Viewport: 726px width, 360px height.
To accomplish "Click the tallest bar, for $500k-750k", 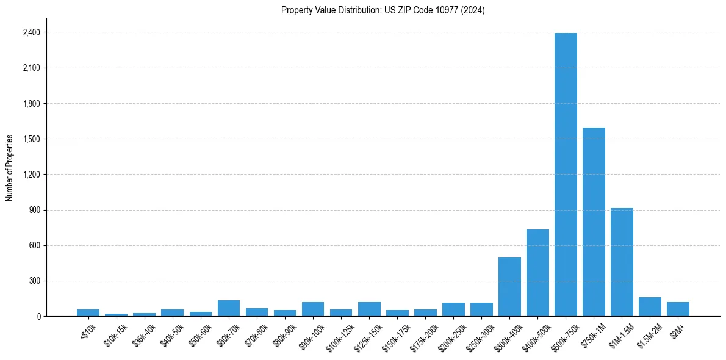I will coord(566,175).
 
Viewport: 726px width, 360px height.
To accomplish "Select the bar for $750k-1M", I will coord(594,222).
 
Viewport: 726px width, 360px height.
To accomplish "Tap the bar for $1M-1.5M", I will coord(622,262).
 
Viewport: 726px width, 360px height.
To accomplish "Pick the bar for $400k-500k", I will coord(537,273).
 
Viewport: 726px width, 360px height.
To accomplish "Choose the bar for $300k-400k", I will coord(509,287).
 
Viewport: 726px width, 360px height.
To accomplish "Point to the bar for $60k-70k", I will coord(229,308).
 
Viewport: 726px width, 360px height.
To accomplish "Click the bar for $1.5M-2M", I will coord(650,307).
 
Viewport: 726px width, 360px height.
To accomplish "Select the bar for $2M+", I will coord(678,309).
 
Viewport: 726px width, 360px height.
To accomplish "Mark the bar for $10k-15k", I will coord(117,315).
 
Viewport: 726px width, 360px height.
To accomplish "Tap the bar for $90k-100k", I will coord(313,309).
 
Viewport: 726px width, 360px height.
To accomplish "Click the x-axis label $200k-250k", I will coord(453,334).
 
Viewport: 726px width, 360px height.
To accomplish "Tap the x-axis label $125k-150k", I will coord(368,334).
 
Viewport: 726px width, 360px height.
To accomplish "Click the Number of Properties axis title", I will coord(10,168).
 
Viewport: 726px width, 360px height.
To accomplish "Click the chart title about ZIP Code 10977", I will coord(383,10).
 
